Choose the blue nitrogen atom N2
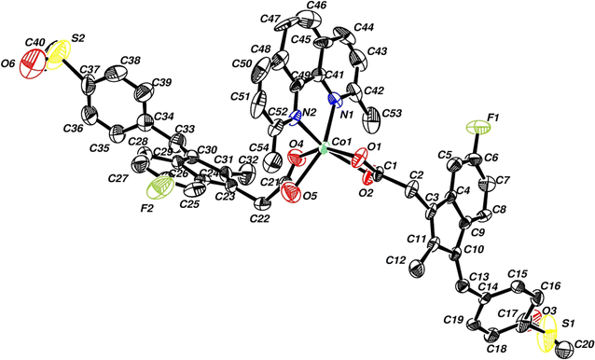point(295,119)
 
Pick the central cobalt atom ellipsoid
point(322,147)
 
